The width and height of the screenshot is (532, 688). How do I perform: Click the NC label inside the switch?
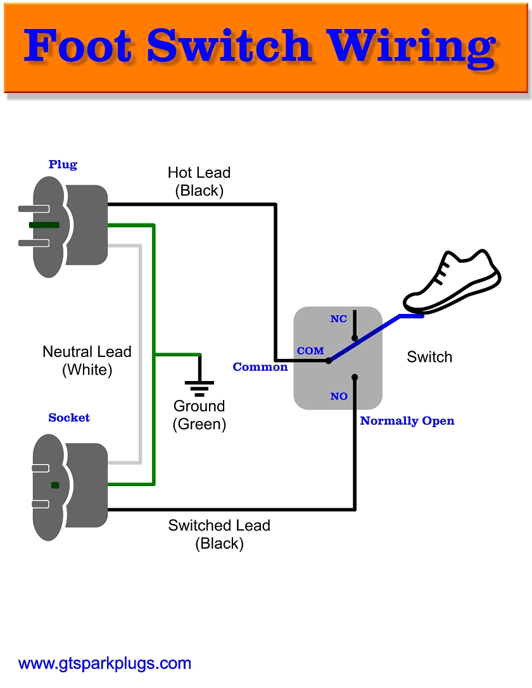(x=339, y=319)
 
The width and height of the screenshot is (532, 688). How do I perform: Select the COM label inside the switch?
(x=310, y=351)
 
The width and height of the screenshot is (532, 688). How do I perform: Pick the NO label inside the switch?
(x=339, y=396)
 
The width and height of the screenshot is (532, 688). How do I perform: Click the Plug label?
(x=63, y=165)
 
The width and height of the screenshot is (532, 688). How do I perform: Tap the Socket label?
(x=69, y=418)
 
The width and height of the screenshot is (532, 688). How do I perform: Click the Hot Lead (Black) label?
(x=199, y=182)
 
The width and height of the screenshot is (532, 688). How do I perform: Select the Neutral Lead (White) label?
(x=87, y=361)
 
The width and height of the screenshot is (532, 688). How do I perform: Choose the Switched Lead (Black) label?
(x=219, y=534)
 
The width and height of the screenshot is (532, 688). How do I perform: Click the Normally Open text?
(x=407, y=421)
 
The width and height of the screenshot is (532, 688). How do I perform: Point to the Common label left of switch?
(x=260, y=367)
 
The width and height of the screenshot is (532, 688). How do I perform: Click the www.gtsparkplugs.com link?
(x=105, y=663)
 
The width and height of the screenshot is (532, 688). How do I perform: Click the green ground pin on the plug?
(x=44, y=225)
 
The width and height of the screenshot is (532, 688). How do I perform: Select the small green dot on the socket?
(x=55, y=485)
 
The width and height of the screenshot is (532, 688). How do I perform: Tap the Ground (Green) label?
(x=199, y=415)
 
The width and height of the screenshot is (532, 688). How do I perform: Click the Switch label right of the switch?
(x=429, y=357)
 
